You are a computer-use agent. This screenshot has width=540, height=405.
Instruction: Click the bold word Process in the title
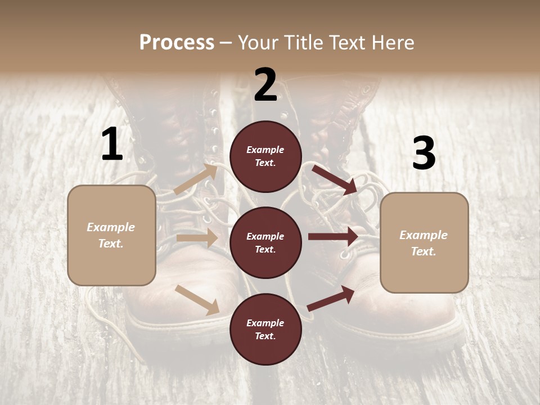[x=177, y=42]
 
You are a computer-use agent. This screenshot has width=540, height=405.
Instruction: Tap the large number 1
[x=112, y=145]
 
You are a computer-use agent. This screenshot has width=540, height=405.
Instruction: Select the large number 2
[x=265, y=85]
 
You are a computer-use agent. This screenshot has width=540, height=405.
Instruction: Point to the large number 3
[x=424, y=154]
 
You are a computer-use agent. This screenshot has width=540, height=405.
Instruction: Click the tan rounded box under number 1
[x=111, y=235]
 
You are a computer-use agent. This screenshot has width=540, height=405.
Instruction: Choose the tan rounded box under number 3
[x=424, y=242]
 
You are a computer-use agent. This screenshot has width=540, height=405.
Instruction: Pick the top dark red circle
[x=265, y=156]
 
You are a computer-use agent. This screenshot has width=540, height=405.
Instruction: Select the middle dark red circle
[x=265, y=242]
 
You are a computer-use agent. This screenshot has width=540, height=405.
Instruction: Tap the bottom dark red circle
[x=265, y=329]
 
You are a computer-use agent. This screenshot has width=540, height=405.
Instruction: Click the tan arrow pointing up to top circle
[x=195, y=179]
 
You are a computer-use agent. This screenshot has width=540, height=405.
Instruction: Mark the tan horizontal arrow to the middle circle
[x=197, y=238]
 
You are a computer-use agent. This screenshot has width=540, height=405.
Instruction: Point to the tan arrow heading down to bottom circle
[x=197, y=299]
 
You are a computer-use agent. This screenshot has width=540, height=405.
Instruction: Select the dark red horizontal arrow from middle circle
[x=333, y=236]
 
